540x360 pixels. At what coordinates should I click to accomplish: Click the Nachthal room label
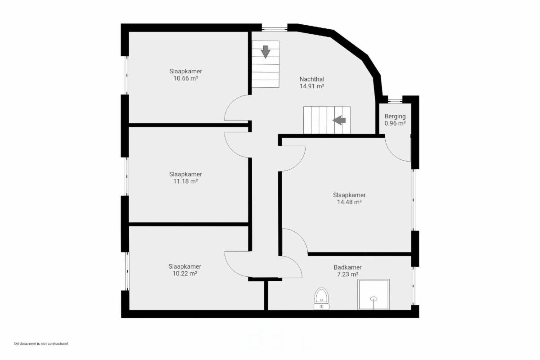tap(312, 79)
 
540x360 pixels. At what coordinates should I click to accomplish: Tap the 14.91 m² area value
tap(312, 86)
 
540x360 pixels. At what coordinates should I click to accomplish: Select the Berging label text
tap(395, 117)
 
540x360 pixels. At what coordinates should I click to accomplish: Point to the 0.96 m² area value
tap(395, 123)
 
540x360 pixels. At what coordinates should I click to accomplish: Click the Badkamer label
tap(347, 267)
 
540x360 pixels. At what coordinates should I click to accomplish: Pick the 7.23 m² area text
tap(347, 274)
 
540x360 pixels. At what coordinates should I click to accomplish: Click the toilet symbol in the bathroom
tap(322, 298)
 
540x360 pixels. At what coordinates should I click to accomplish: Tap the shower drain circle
tap(373, 299)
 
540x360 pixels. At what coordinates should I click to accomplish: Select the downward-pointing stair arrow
tap(265, 52)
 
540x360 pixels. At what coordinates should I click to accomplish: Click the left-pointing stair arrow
tap(339, 120)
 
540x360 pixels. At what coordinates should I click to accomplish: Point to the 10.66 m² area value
tap(185, 78)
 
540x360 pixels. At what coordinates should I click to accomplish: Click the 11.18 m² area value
tap(185, 181)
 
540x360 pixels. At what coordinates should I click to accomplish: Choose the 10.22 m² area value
tap(185, 274)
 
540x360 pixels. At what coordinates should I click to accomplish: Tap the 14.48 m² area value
tap(349, 202)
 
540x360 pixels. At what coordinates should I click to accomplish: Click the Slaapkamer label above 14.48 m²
tap(349, 195)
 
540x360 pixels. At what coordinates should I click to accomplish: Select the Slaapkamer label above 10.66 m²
tap(185, 72)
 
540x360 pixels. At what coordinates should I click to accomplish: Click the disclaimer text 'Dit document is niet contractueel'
tap(41, 344)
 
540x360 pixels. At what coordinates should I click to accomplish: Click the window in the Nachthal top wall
tap(274, 29)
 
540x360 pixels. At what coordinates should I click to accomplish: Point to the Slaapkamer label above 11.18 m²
tap(185, 174)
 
